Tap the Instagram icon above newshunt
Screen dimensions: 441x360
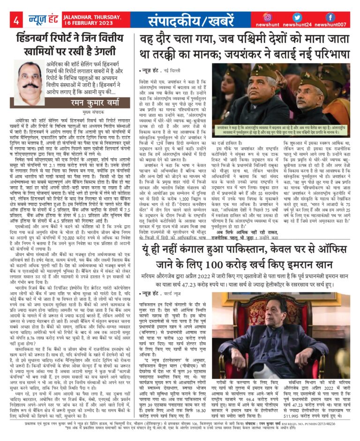pyautogui.click(x=268, y=17)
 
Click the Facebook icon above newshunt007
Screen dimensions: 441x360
pyautogui.click(x=330, y=17)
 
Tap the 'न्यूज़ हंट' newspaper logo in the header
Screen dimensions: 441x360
pyautogui.click(x=40, y=20)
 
